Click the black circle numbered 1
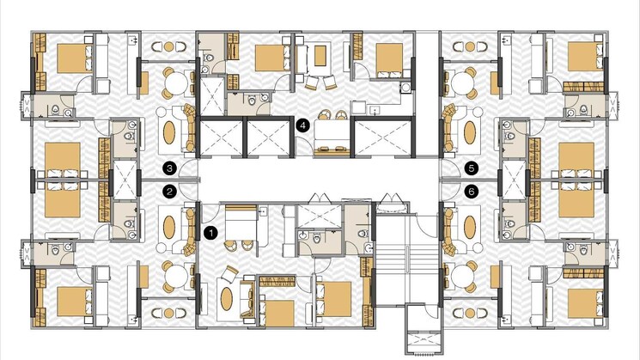(210, 233)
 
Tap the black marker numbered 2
(169, 192)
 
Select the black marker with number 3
(169, 168)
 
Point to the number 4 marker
(302, 125)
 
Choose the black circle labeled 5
(472, 168)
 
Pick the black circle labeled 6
(472, 192)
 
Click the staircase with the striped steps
(406, 260)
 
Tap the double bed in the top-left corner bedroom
(75, 58)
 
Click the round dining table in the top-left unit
(176, 82)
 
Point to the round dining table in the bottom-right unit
(462, 278)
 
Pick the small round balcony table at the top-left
(169, 46)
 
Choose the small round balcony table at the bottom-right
(470, 313)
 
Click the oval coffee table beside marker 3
(169, 131)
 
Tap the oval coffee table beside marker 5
(470, 131)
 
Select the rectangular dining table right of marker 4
(332, 131)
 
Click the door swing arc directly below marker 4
(303, 146)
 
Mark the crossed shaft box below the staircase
(424, 342)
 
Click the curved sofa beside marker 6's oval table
(449, 231)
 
